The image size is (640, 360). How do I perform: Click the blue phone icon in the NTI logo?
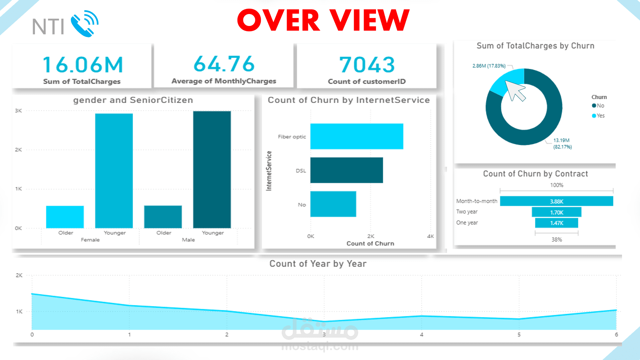click(84, 24)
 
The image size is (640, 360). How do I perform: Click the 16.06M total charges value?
click(83, 64)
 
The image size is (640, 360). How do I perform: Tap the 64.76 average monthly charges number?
click(224, 64)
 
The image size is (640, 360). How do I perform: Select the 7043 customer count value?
click(367, 64)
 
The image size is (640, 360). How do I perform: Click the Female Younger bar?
click(114, 171)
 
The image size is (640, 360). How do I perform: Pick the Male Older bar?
click(163, 217)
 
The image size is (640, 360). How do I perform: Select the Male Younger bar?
click(212, 169)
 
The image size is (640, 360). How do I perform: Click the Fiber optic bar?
click(357, 136)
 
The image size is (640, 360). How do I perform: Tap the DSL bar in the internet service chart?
click(347, 170)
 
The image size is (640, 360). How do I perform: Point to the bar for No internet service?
click(333, 204)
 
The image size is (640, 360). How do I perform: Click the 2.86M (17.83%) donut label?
click(489, 66)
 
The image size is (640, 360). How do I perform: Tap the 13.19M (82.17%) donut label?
click(562, 144)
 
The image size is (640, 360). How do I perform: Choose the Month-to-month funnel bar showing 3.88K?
click(556, 201)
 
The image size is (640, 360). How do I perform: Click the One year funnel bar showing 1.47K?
click(556, 223)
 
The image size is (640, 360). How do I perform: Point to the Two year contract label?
click(467, 212)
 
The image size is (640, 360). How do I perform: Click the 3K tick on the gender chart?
click(18, 111)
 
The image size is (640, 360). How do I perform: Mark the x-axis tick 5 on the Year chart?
click(519, 335)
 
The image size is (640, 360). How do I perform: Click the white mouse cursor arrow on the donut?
click(515, 91)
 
